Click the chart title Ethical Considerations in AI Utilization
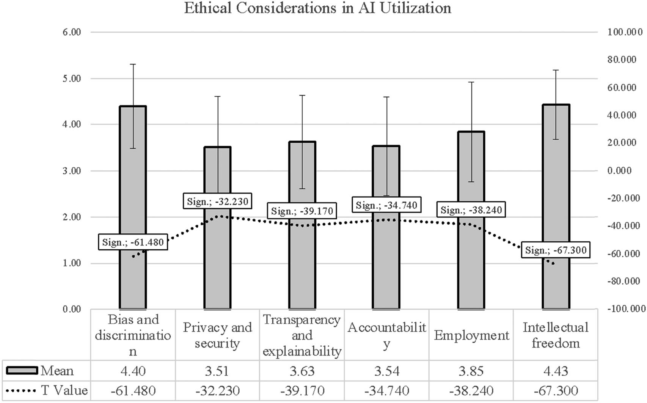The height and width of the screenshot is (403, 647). tap(318, 8)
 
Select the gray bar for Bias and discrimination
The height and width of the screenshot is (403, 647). tap(133, 266)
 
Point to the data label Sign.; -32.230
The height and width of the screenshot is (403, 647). tap(218, 201)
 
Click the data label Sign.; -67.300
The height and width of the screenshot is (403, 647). tap(556, 250)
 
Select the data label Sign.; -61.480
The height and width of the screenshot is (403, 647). tap(133, 242)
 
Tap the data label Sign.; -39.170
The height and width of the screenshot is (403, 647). tap(302, 211)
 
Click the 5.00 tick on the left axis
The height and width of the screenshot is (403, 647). tap(72, 79)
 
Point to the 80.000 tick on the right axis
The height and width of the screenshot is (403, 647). tap(622, 60)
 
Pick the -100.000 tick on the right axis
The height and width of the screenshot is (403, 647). tap(626, 309)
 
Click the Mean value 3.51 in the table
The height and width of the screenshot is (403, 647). tap(217, 371)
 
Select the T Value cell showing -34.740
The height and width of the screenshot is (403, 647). tap(386, 390)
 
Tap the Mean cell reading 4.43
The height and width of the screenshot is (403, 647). tap(556, 371)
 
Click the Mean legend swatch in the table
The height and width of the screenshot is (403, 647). tap(22, 370)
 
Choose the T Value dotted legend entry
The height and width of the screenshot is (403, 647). tap(22, 390)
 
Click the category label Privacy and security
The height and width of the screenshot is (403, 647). tap(217, 335)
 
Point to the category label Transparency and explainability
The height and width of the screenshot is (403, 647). tap(302, 335)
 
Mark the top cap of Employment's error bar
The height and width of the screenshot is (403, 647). tap(471, 82)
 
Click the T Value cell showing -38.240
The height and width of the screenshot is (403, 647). tap(471, 390)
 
